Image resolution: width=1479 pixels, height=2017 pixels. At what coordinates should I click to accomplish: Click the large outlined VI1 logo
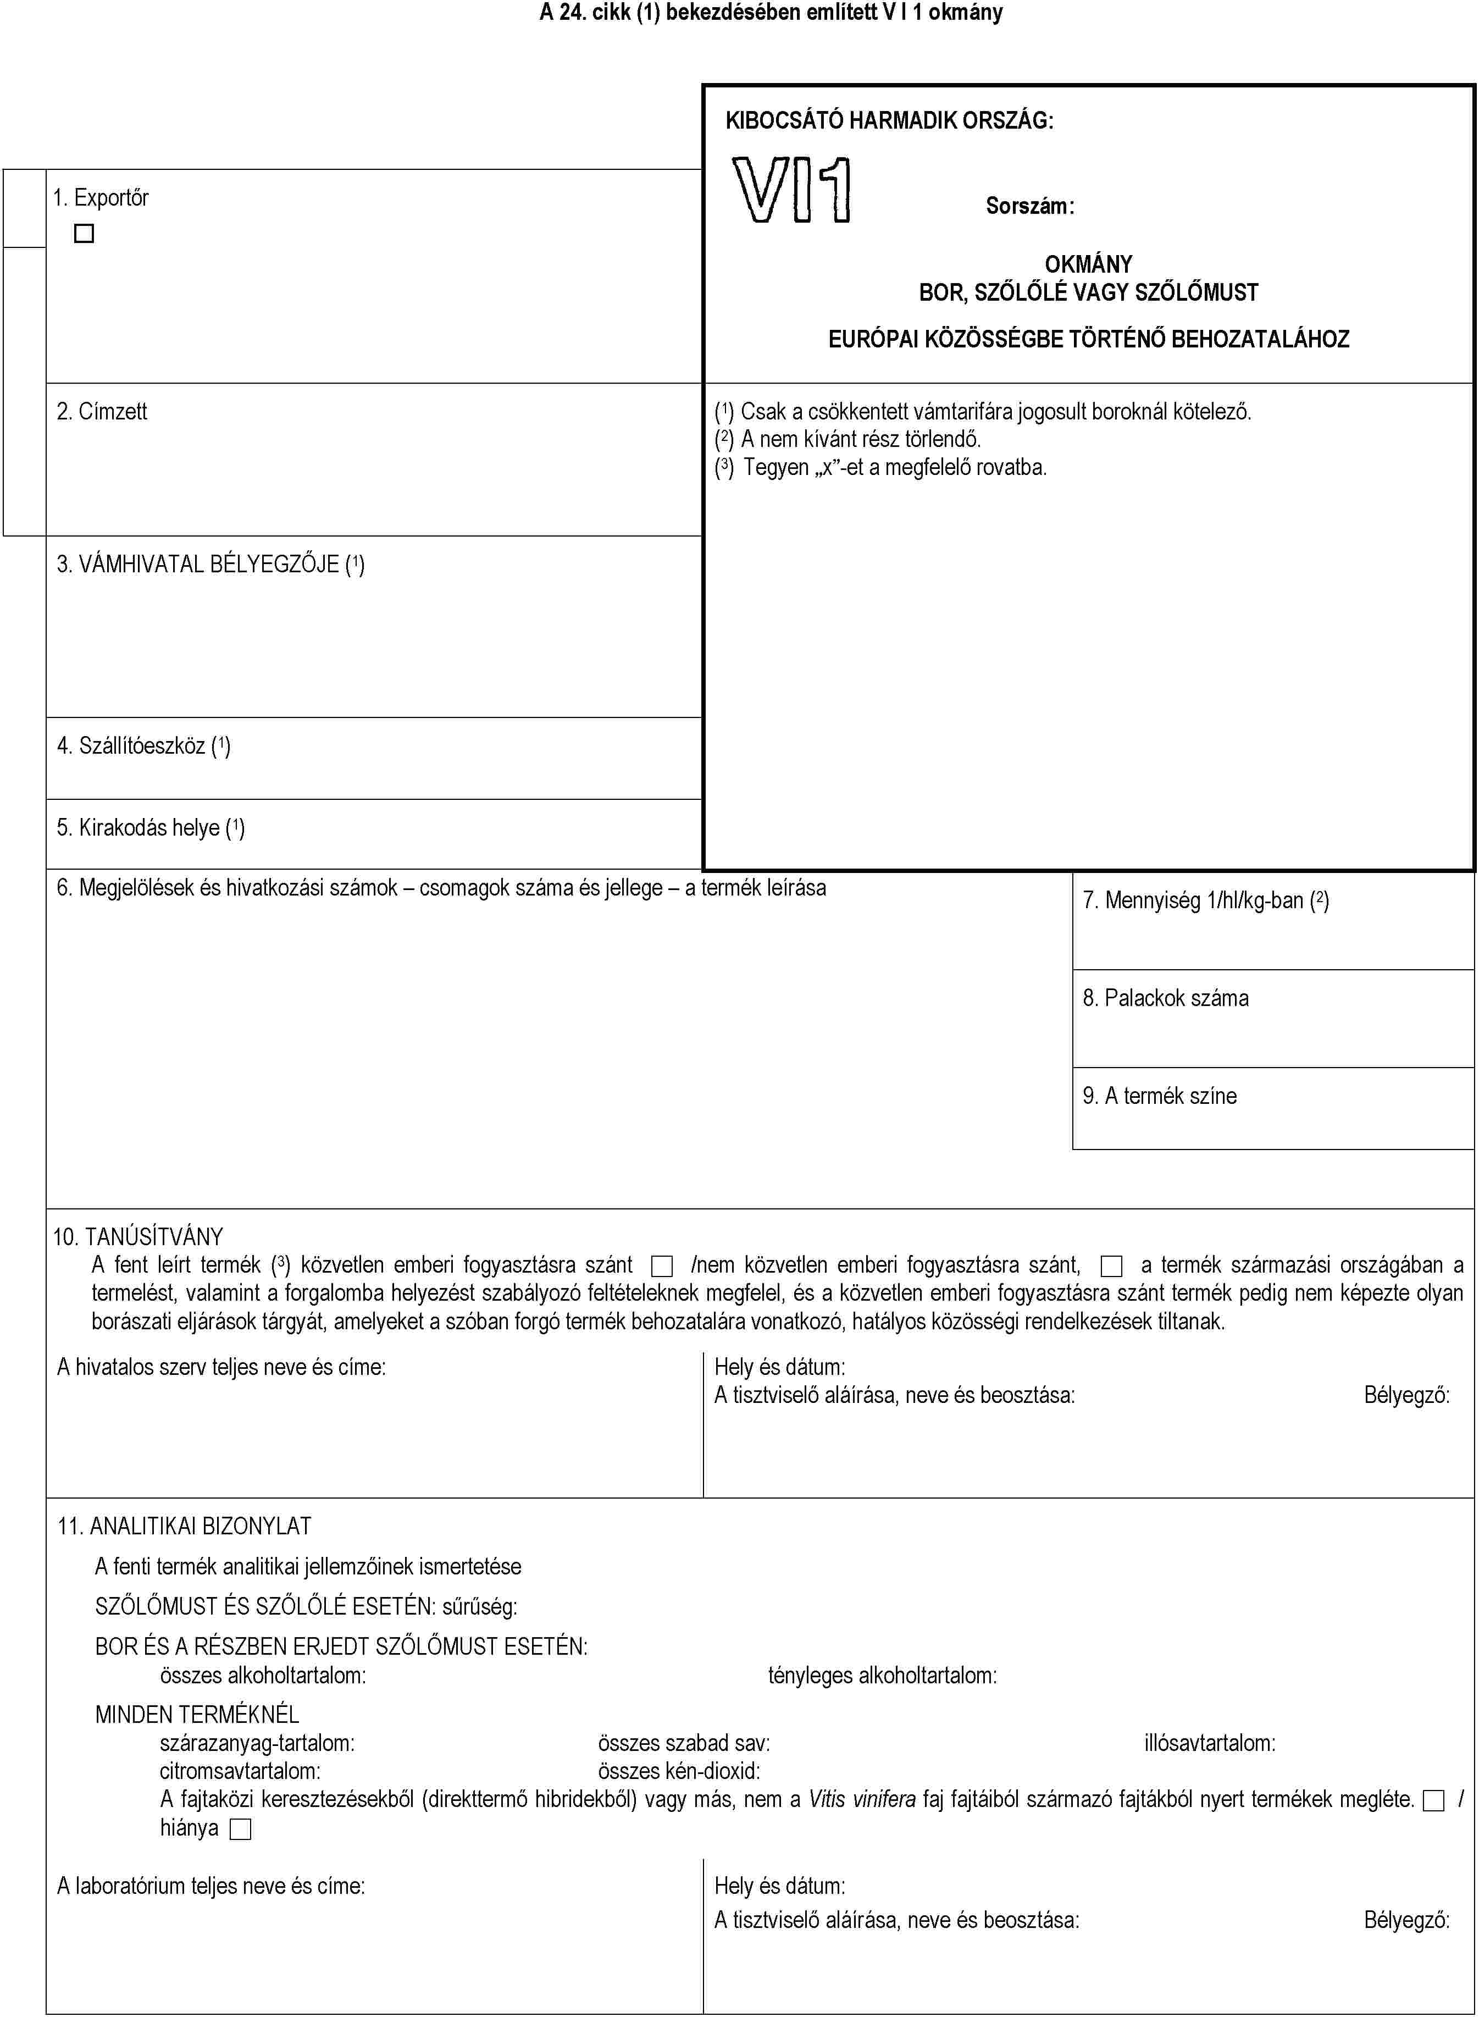[x=791, y=190]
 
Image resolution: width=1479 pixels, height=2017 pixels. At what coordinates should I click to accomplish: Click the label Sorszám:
[x=1029, y=206]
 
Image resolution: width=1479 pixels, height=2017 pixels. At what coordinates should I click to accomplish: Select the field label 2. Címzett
[x=102, y=412]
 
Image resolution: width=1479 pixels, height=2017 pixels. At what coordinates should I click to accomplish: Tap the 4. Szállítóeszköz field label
[x=143, y=746]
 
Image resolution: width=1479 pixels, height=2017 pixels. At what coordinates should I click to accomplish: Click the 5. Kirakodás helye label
[x=151, y=827]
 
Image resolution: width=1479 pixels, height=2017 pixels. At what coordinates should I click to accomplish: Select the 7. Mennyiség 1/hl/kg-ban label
[x=1205, y=900]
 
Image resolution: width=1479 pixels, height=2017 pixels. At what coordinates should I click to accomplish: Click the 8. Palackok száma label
[x=1165, y=998]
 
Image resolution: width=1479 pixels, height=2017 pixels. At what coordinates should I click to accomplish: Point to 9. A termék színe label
[x=1159, y=1096]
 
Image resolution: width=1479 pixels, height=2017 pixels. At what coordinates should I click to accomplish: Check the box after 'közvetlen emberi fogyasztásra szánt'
[x=662, y=1266]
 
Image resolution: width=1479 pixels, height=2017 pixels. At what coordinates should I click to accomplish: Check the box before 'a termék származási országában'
[x=1111, y=1266]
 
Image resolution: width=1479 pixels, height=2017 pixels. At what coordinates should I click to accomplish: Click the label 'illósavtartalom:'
[x=1210, y=1743]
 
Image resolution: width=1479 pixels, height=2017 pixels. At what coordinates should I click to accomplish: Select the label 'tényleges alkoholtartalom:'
[x=882, y=1675]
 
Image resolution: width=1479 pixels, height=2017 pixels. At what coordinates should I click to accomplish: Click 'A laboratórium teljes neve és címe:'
[x=211, y=1886]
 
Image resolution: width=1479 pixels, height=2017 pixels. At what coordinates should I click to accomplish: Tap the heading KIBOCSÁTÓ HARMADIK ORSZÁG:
[x=889, y=120]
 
